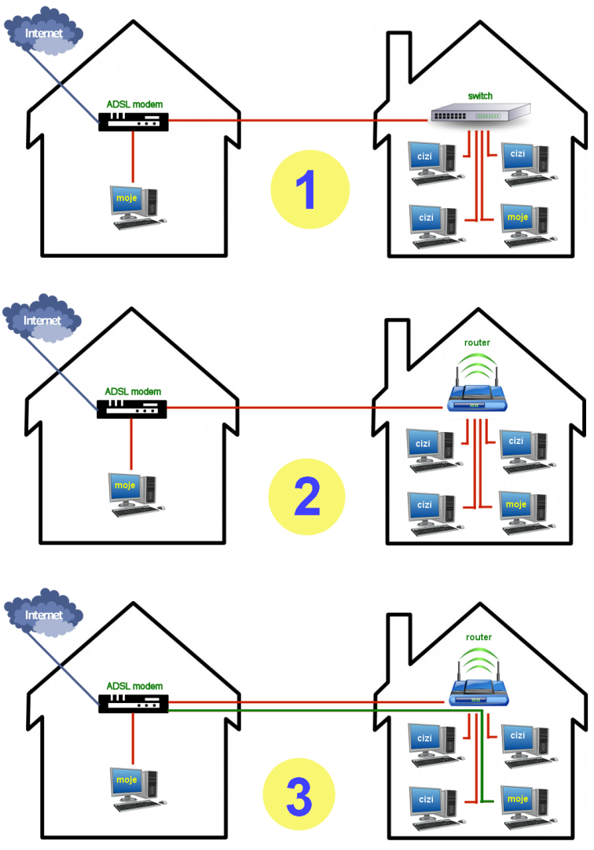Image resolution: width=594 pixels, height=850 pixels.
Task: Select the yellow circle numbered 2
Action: (306, 499)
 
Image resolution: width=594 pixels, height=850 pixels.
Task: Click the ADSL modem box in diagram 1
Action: (134, 121)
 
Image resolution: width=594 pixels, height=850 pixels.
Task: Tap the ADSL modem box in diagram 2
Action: (131, 408)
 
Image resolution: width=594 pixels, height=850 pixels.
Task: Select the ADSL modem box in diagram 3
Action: (134, 703)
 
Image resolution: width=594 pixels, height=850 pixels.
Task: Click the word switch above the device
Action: (480, 96)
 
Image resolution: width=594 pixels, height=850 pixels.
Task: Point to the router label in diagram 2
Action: (477, 343)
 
